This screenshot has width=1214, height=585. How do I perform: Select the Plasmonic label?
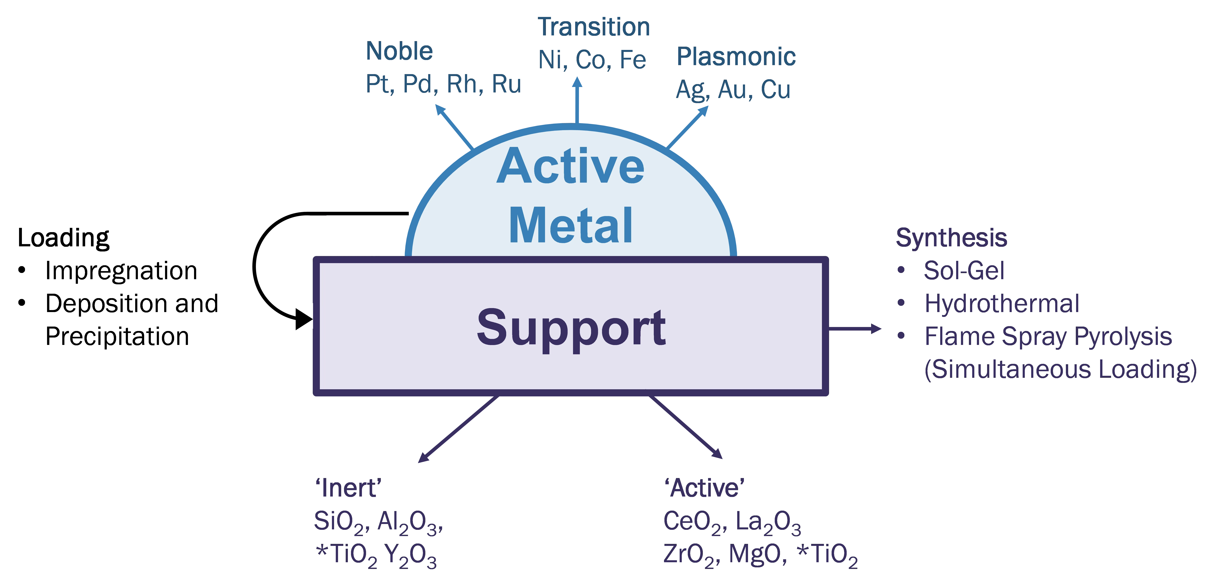pyautogui.click(x=736, y=57)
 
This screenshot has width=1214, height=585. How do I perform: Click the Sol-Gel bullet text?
pyautogui.click(x=964, y=271)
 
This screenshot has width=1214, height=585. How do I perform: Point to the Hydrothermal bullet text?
pyautogui.click(x=1001, y=304)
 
